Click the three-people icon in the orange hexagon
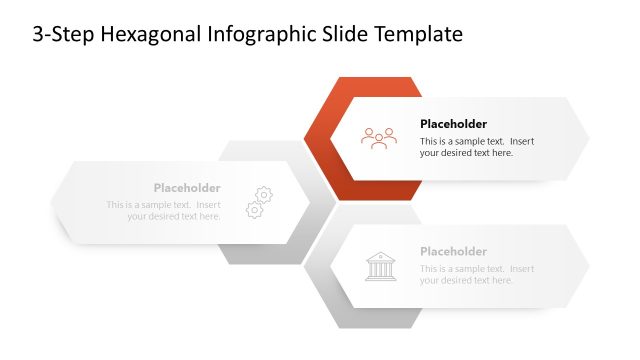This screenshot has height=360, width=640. [x=379, y=138]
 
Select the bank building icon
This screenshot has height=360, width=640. [x=379, y=266]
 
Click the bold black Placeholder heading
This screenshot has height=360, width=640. [x=453, y=124]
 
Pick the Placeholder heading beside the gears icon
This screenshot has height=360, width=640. [x=187, y=188]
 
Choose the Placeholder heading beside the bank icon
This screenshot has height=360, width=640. [x=453, y=251]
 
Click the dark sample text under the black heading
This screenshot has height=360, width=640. [x=476, y=147]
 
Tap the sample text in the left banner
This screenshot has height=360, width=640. [x=164, y=211]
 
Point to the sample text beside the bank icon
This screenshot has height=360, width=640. [x=476, y=274]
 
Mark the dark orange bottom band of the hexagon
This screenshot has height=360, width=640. [x=379, y=189]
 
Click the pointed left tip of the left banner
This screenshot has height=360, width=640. [x=54, y=201]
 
